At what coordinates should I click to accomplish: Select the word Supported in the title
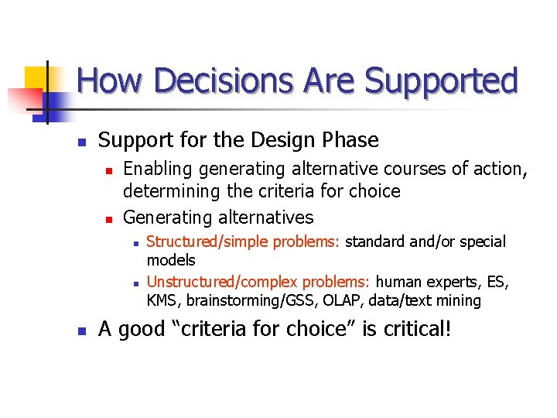pyautogui.click(x=441, y=81)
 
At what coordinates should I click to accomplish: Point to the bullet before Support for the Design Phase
pyautogui.click(x=79, y=142)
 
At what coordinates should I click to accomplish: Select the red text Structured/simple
pyautogui.click(x=204, y=242)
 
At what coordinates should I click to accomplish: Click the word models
pyautogui.click(x=171, y=260)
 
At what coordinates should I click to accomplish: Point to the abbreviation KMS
pyautogui.click(x=163, y=300)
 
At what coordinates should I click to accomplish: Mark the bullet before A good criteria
pyautogui.click(x=79, y=331)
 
